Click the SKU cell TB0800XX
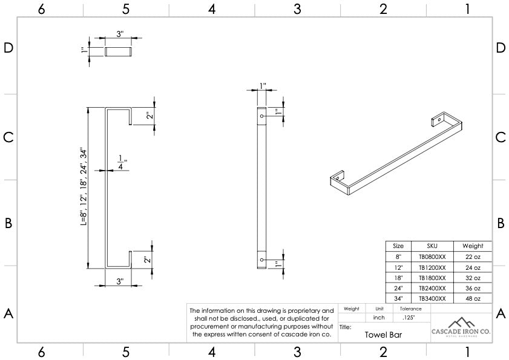tap(432, 257)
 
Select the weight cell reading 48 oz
tap(473, 298)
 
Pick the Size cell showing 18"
tap(398, 278)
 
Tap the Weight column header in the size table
tap(473, 246)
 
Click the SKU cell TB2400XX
tap(432, 288)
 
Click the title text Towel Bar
tap(383, 333)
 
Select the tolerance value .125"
tap(408, 317)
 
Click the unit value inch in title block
tap(379, 317)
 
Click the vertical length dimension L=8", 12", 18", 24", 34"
tap(84, 187)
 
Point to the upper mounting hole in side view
tap(261, 114)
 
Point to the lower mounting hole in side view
tap(261, 260)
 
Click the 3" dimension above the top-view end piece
tap(120, 34)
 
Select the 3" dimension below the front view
tap(120, 281)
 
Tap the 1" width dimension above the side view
tap(262, 85)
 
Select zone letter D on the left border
tap(8, 48)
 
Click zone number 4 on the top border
tap(212, 8)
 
